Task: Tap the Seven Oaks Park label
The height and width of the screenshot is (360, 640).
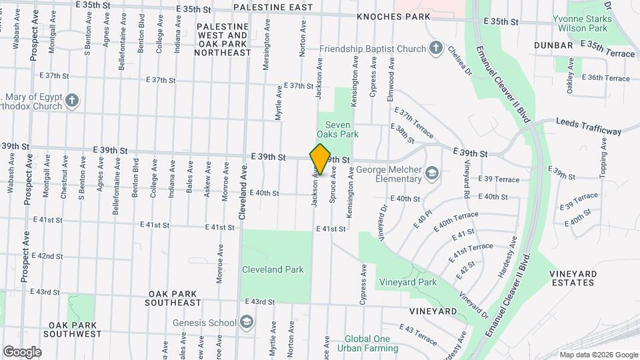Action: [x=342, y=129]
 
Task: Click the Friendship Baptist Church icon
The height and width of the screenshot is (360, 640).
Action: [x=435, y=49]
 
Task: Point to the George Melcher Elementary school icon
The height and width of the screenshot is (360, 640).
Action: [x=432, y=174]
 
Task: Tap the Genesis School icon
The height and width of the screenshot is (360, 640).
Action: [x=247, y=323]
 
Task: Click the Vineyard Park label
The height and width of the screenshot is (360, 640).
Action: [x=408, y=282]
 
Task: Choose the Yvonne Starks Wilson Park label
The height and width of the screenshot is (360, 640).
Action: [x=581, y=24]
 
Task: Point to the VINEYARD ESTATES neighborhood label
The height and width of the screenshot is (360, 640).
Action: [x=571, y=278]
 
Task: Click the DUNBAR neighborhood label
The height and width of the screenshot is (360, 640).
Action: [x=553, y=45]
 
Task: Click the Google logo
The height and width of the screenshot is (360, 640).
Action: [x=22, y=351]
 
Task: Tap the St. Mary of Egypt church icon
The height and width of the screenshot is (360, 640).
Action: [x=72, y=101]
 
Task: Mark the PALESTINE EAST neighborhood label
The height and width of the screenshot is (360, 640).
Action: [x=273, y=7]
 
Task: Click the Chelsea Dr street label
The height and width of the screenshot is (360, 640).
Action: [x=459, y=61]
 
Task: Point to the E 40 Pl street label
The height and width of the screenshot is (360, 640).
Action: [x=423, y=219]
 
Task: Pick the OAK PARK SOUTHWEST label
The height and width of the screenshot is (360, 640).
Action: [x=74, y=329]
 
